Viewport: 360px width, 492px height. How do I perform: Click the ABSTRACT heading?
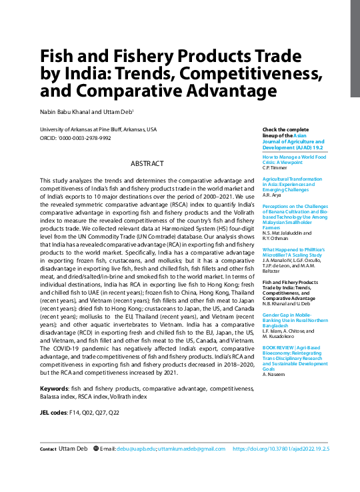point(147,163)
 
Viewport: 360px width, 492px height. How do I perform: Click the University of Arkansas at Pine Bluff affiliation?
point(98,129)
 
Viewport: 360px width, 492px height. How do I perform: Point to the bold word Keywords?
point(54,389)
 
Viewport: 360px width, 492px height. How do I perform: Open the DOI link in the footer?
point(281,449)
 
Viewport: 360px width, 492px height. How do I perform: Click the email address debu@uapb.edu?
point(136,449)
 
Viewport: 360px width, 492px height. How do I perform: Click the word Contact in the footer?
point(48,449)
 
